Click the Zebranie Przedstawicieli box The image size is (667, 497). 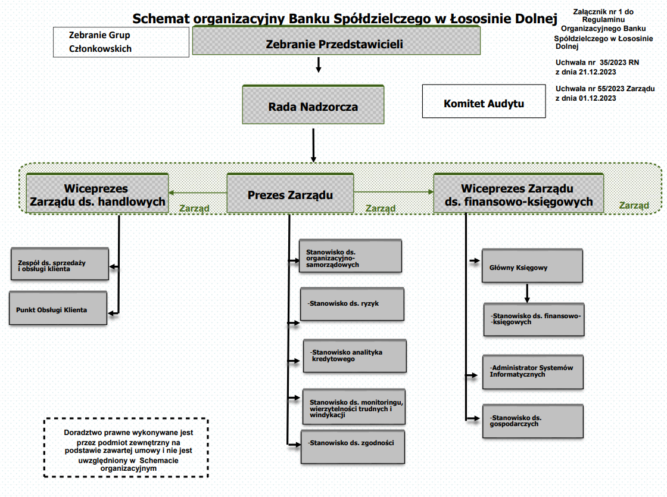336,44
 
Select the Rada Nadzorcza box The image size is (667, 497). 313,106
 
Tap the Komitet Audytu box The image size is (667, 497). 484,102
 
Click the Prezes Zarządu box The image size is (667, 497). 290,194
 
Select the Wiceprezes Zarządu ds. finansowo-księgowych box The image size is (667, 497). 518,194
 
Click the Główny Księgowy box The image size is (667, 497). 532,266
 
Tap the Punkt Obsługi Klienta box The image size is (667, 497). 58,309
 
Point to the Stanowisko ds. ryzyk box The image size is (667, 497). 352,305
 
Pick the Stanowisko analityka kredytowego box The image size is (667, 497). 354,356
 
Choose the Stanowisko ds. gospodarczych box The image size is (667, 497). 532,421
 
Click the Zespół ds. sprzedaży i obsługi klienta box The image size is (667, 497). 60,264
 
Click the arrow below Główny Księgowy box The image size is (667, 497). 527,293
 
